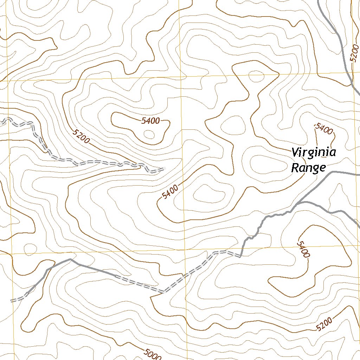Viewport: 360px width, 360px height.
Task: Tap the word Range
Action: coord(308,168)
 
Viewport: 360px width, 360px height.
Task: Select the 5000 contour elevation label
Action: coord(152,354)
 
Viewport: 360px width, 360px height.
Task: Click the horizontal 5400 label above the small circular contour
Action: coord(150,121)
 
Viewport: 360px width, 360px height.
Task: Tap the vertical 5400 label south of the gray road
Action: coord(303,249)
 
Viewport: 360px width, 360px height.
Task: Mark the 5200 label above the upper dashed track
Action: coord(82,136)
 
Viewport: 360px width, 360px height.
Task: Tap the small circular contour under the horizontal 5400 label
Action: coord(149,134)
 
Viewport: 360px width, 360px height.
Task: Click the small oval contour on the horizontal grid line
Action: coord(256,75)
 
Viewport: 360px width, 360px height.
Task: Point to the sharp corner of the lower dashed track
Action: coord(163,291)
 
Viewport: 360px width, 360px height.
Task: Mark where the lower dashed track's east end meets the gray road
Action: coord(241,256)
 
